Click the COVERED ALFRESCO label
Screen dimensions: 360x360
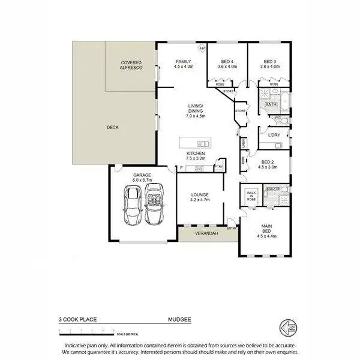[131, 65]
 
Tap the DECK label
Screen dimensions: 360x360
[112, 127]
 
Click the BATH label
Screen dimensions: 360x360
[271, 104]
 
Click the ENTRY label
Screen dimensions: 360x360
[232, 228]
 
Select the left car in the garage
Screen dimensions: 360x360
[132, 205]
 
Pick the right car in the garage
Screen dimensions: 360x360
[154, 204]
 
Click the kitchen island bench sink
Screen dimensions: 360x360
[203, 143]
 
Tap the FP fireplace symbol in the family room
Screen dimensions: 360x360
[202, 47]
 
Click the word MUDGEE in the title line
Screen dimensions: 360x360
[180, 320]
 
